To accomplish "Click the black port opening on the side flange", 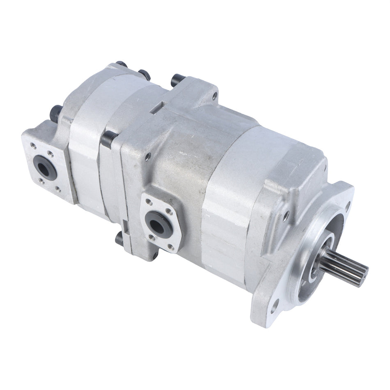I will coord(157,223).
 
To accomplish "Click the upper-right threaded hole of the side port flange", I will coord(168,212).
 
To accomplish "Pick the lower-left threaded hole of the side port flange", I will coord(152,237).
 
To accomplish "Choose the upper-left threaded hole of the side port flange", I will coord(149,202).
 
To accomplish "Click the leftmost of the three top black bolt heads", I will coord(121,64).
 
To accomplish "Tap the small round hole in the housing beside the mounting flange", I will coord(286,213).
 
